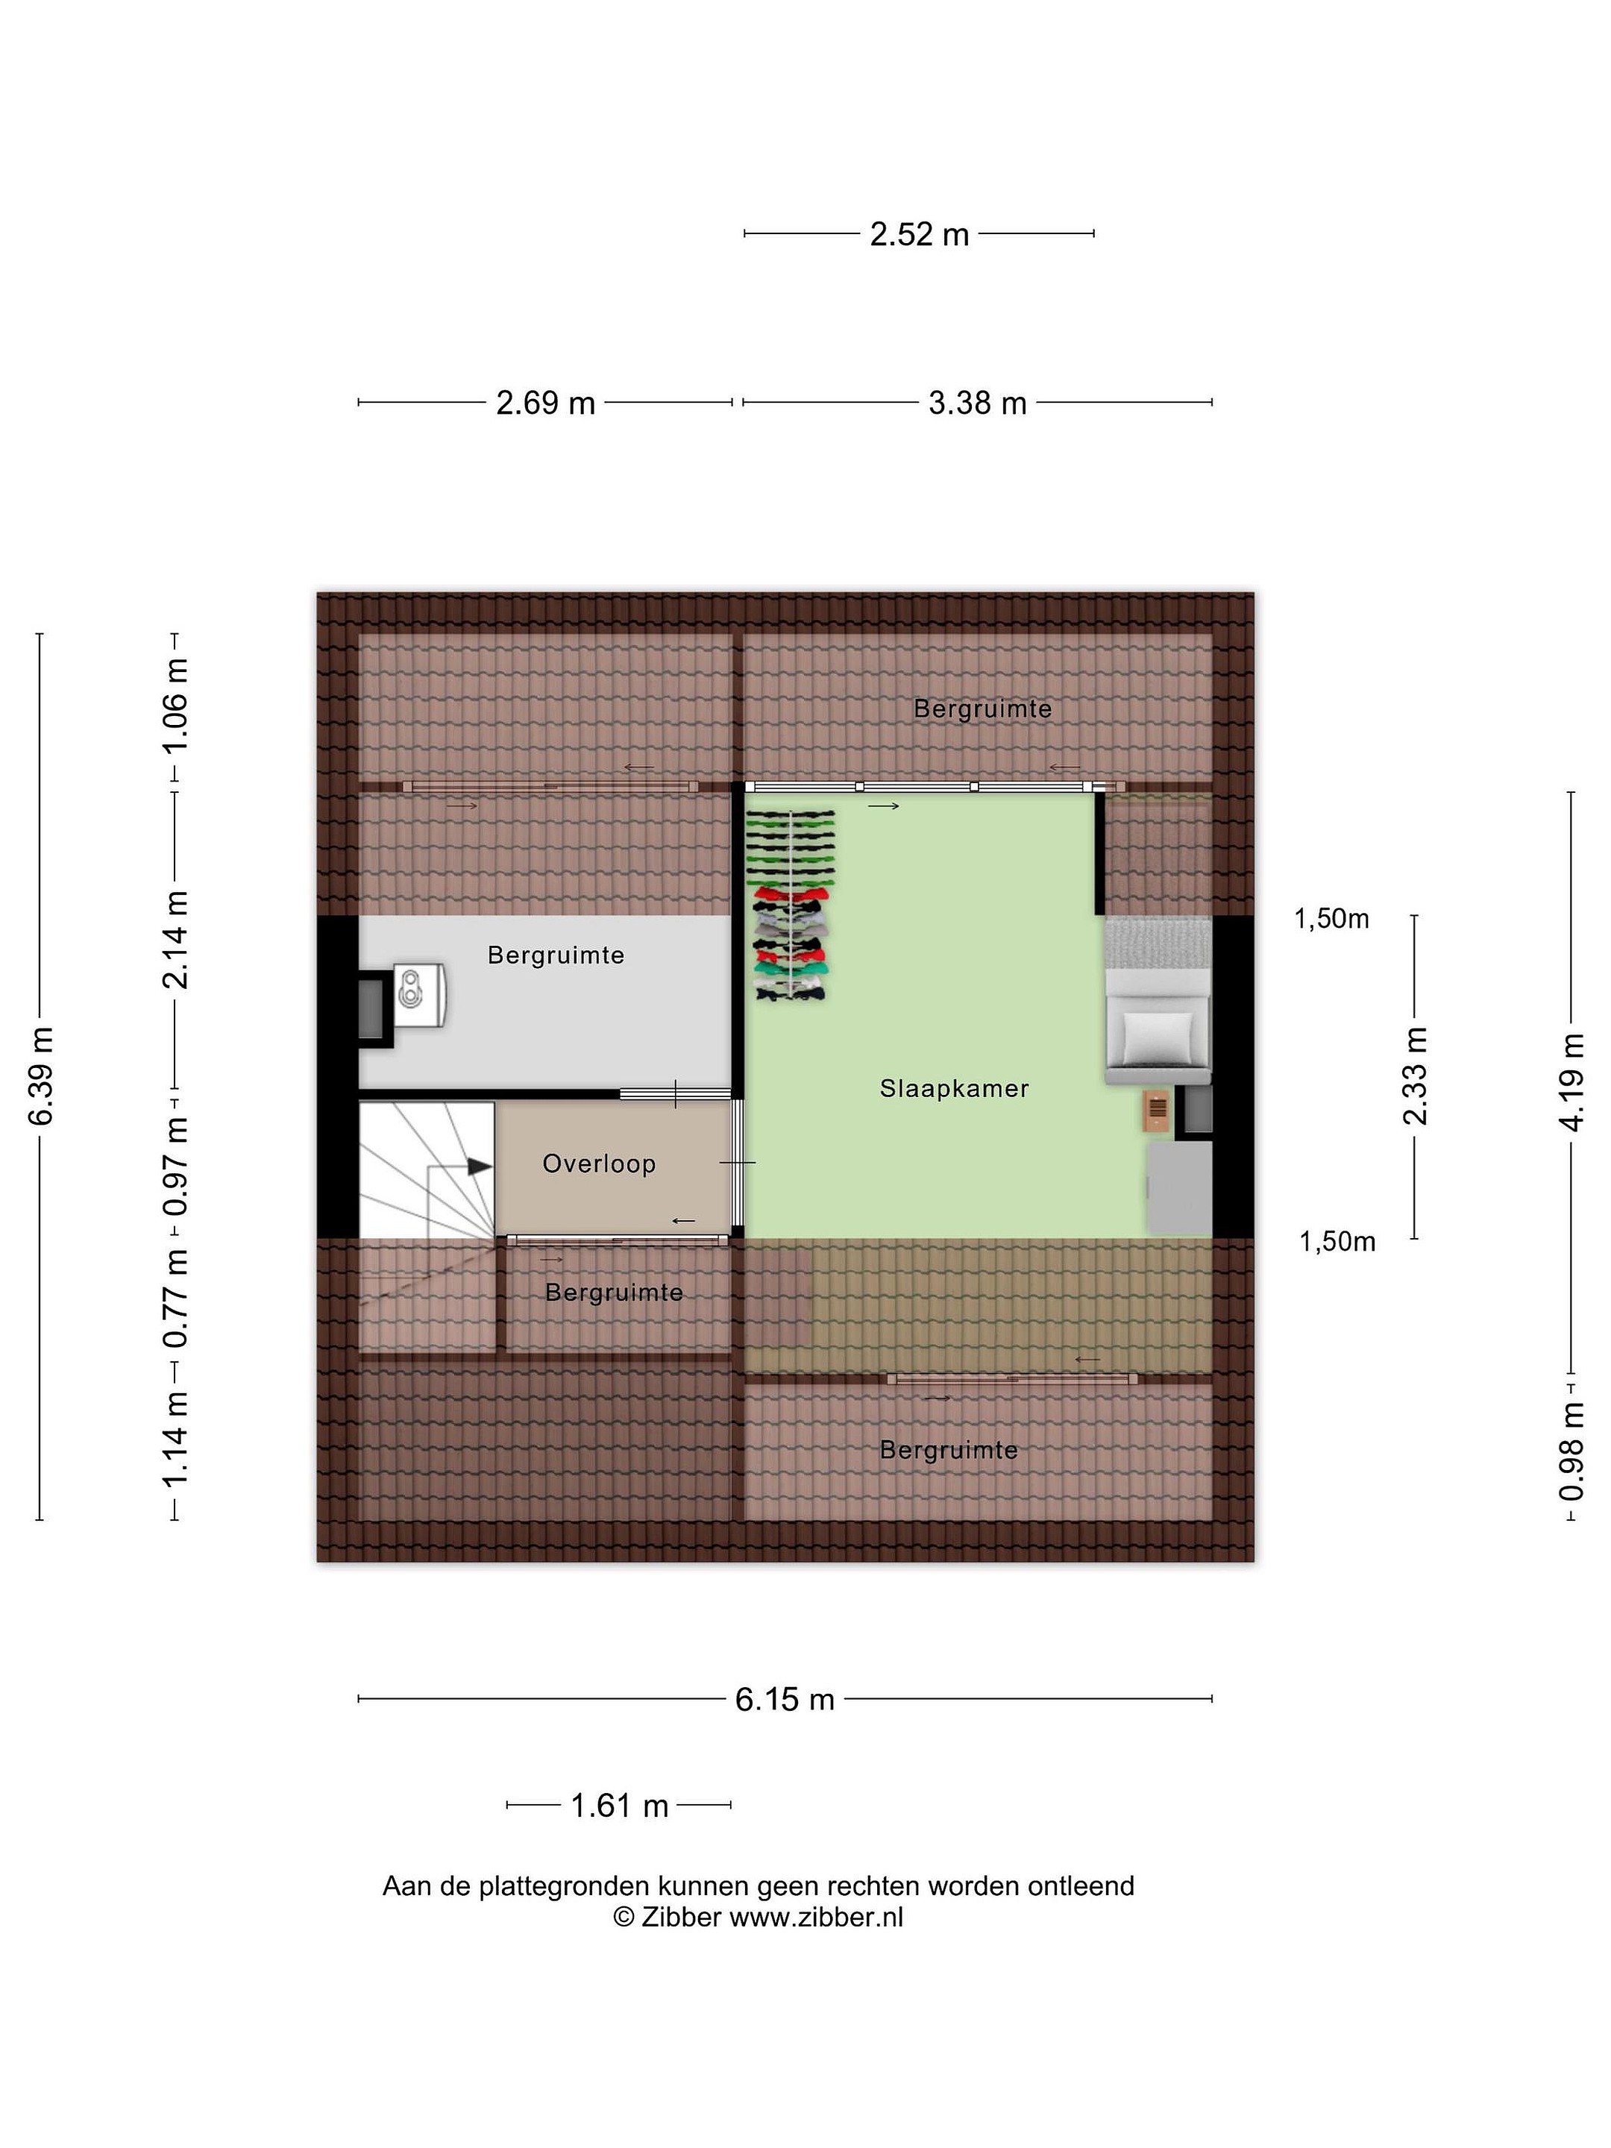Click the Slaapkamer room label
click(954, 1089)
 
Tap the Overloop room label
click(599, 1163)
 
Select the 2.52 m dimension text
click(920, 234)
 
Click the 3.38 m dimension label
click(977, 402)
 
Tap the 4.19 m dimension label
click(1571, 1083)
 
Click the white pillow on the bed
click(1157, 1038)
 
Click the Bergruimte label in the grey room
click(556, 955)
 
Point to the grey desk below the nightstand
click(1179, 1187)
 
